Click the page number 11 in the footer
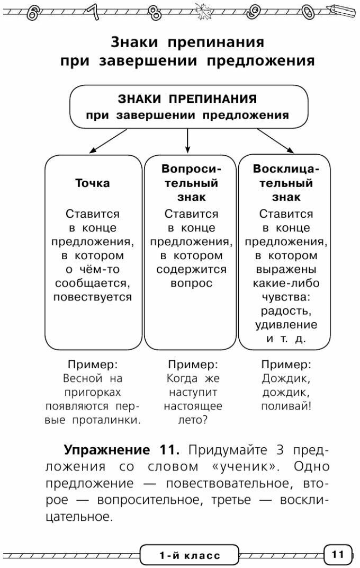tap(338, 555)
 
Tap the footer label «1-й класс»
tap(190, 555)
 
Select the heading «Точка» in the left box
tap(93, 183)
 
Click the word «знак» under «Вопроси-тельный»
tap(191, 197)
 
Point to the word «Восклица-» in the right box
tap(286, 169)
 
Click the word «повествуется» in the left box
tap(93, 297)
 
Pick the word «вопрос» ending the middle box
tap(191, 283)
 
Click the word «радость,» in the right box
tap(286, 310)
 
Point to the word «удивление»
tap(286, 324)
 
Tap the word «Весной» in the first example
tap(81, 379)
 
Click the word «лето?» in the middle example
tap(193, 420)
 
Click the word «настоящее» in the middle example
tap(193, 406)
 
